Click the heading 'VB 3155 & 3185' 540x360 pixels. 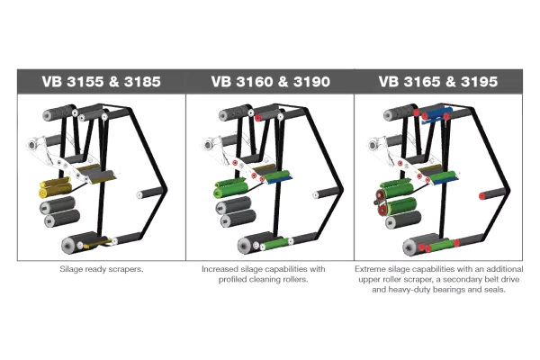click(100, 81)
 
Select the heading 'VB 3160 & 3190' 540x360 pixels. click(270, 81)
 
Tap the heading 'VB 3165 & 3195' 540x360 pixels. click(440, 81)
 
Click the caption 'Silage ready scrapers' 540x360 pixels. click(100, 268)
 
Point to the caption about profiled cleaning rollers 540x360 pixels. click(270, 274)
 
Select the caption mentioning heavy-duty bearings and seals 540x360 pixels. click(440, 279)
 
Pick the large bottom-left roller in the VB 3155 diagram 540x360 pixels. click(71, 244)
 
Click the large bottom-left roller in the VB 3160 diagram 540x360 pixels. click(242, 245)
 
